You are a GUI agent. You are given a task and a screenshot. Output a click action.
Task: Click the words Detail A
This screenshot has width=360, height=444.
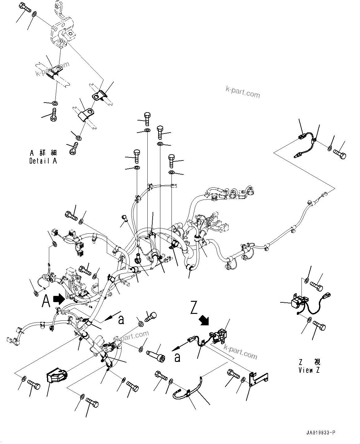click(43, 161)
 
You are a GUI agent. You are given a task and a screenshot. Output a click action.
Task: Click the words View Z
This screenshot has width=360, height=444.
click(309, 370)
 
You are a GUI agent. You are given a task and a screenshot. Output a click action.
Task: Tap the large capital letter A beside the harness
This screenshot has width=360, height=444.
click(46, 301)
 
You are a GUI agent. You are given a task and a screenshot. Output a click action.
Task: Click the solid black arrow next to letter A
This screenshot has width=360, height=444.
click(59, 299)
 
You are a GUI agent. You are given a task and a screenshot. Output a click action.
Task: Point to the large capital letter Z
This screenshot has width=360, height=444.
click(194, 309)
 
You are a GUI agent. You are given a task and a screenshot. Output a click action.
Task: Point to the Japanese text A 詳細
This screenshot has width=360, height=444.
click(43, 153)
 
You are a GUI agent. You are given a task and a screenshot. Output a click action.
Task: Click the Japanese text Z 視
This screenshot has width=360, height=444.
click(310, 362)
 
